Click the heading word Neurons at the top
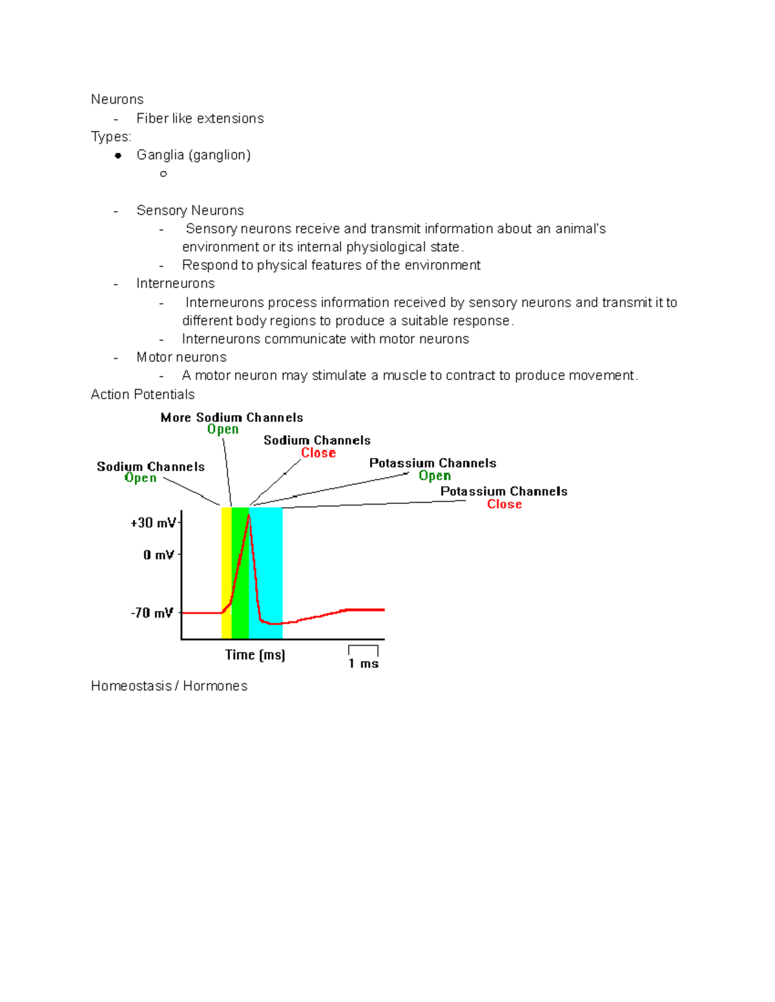pos(117,99)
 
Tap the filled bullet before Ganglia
pos(118,155)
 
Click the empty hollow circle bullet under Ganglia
pos(163,174)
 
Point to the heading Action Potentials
pos(142,394)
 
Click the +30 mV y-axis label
pos(152,523)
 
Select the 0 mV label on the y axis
pos(158,555)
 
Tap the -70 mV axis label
pos(152,613)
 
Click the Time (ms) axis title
pos(255,655)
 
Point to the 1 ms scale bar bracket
pos(363,649)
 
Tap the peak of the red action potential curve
pos(249,516)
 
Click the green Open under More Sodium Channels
pos(223,430)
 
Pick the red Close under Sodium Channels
pos(318,453)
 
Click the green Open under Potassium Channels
pos(435,476)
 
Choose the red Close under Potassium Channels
pos(504,505)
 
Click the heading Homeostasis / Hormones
pos(169,686)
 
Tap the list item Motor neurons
pos(181,357)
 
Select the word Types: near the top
pos(111,137)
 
